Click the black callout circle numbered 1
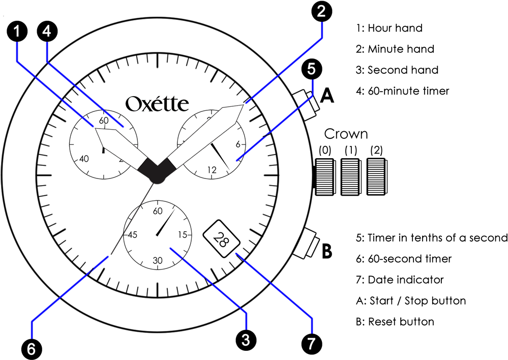17,32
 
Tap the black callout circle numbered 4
47,32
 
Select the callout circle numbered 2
321,12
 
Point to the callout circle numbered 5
311,70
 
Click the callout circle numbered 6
32,349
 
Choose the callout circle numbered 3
246,340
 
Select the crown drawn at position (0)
324,176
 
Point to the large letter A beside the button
327,96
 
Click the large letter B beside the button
327,251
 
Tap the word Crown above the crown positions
346,134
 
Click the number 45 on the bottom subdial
132,234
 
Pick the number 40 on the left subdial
84,159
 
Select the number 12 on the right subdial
212,169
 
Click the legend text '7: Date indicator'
400,280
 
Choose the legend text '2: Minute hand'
395,49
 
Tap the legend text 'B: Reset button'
395,321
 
